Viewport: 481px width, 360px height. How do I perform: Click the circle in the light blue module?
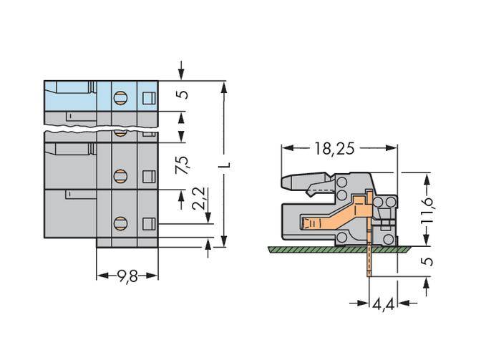tap(120, 97)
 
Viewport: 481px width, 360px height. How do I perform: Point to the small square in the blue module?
tap(148, 98)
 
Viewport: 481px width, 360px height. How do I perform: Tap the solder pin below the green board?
tap(368, 263)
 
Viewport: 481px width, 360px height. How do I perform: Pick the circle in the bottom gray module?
tap(120, 222)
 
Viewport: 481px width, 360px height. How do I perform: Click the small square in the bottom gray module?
tap(148, 223)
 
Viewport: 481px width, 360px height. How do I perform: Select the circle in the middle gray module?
tap(120, 175)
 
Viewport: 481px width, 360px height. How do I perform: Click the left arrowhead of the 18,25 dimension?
tap(285, 149)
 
